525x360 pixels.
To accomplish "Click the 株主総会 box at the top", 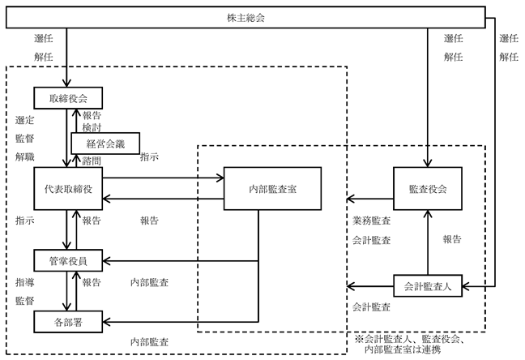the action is (245, 17).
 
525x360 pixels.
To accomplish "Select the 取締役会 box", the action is (68, 98).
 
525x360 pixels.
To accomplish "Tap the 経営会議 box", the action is (105, 144).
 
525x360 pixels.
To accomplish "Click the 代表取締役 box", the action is (68, 189).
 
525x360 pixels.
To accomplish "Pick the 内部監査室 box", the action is (272, 189).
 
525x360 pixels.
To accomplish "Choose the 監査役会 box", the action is (428, 189).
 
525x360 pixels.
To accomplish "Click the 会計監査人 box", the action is (428, 286).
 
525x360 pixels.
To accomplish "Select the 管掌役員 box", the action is (68, 260).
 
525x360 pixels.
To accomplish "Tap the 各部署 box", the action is (68, 322).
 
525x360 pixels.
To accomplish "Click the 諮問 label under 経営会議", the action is (92, 161).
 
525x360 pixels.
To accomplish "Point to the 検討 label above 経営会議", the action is (92, 127).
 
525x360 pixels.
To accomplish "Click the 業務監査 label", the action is (371, 221).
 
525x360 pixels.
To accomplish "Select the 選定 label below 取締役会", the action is (24, 120).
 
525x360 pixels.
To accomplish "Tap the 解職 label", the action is (24, 156).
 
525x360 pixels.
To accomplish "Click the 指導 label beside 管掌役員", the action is (24, 282).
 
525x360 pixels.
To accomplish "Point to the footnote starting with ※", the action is (409, 345).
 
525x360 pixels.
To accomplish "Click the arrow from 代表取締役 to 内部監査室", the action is (163, 178).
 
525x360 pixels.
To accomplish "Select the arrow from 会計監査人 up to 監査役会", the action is (428, 242).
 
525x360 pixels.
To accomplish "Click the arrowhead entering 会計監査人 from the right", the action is (466, 286).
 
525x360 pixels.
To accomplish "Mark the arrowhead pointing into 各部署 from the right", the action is (106, 322).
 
